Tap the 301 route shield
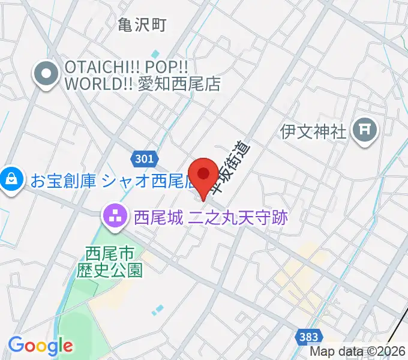pos(143,158)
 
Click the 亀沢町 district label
pos(142,25)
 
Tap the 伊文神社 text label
pos(314,130)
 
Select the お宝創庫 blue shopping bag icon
pos(11,179)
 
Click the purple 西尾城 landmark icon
pos(115,217)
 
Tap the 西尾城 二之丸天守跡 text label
pos(211,217)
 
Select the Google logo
pos(40,346)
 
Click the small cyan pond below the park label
pos(157,310)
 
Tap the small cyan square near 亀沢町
pos(155,55)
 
